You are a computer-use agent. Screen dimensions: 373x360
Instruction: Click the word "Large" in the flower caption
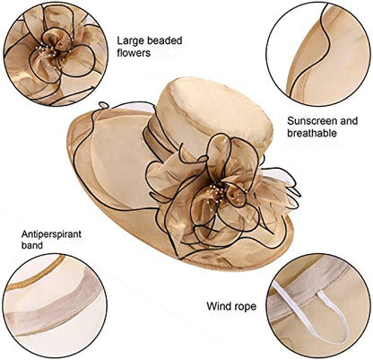pyautogui.click(x=130, y=41)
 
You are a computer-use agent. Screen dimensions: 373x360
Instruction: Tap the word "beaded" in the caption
pyautogui.click(x=165, y=40)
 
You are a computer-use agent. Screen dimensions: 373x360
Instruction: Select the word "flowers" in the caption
pyautogui.click(x=134, y=53)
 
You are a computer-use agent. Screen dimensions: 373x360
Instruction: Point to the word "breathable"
pyautogui.click(x=312, y=133)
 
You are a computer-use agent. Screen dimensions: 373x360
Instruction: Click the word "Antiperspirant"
pyautogui.click(x=51, y=234)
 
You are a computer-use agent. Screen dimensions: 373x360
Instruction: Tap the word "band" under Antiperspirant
pyautogui.click(x=32, y=245)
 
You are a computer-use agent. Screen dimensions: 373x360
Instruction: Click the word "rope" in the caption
pyautogui.click(x=245, y=307)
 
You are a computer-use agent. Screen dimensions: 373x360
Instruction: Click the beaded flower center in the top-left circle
pyautogui.click(x=52, y=54)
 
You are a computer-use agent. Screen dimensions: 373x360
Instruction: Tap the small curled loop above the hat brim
pyautogui.click(x=103, y=105)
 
